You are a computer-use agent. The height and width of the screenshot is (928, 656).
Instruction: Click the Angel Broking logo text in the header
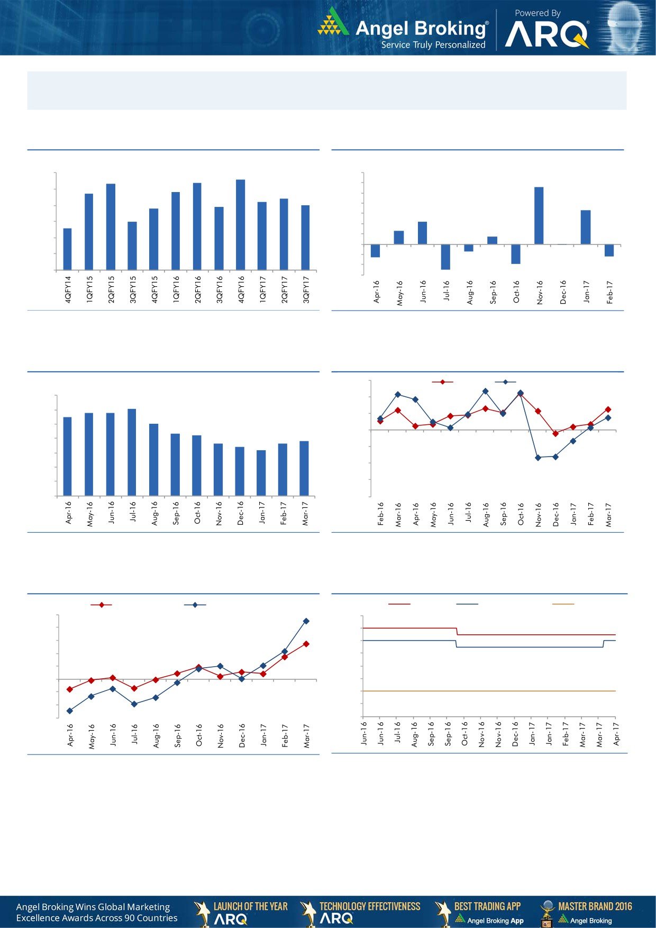click(x=421, y=28)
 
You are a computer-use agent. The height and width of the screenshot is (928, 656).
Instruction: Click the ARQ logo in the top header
click(x=546, y=35)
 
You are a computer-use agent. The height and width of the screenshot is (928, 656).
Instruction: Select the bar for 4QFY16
click(x=240, y=225)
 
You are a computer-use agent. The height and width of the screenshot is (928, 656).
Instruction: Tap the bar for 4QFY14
click(x=67, y=249)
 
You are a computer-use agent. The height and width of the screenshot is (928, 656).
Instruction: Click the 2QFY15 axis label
click(x=111, y=289)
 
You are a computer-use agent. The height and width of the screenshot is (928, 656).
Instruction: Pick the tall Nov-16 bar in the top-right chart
click(x=539, y=215)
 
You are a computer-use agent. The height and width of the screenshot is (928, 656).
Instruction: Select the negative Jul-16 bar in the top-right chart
click(x=445, y=257)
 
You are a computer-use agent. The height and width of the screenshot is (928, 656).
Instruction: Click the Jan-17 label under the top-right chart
click(x=586, y=292)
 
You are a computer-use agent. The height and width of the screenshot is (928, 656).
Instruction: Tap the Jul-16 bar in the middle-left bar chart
click(x=132, y=452)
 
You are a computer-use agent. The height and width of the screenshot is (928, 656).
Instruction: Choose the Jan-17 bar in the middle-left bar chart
click(x=261, y=473)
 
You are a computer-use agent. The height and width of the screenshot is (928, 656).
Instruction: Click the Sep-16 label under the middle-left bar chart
click(x=176, y=513)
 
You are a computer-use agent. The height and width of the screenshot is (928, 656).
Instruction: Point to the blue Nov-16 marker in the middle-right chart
click(x=538, y=458)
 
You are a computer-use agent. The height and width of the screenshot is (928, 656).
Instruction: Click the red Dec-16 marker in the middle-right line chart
click(x=555, y=434)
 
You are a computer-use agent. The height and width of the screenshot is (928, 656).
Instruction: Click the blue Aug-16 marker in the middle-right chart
click(x=485, y=391)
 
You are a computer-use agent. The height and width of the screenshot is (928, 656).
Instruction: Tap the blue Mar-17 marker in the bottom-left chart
click(x=306, y=621)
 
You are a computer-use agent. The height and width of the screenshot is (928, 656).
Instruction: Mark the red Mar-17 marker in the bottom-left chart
click(x=306, y=644)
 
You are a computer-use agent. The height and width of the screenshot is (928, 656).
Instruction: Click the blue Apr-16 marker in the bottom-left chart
click(x=69, y=711)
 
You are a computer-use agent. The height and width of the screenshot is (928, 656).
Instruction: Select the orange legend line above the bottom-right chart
click(x=563, y=604)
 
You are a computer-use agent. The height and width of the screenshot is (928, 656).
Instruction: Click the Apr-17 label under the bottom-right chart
click(x=616, y=734)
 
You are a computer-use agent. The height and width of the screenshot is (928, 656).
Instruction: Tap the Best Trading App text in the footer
click(x=487, y=906)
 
